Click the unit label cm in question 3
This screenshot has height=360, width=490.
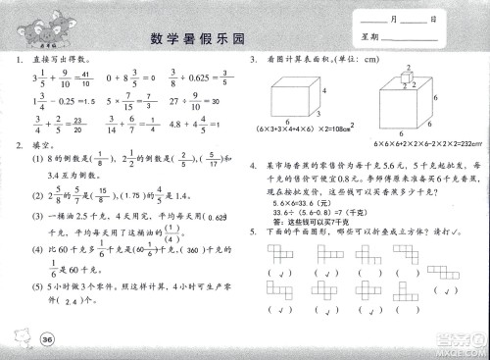pyautogui.click(x=396, y=61)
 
